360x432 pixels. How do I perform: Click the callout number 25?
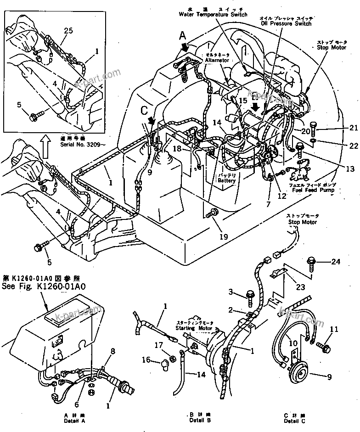tap(68, 31)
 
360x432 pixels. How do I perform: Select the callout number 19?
tap(223, 237)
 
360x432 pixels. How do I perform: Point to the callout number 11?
tap(334, 329)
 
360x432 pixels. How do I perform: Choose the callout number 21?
tap(353, 128)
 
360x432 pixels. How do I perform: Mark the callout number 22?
tap(353, 146)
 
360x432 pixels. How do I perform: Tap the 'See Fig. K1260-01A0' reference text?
tap(46, 286)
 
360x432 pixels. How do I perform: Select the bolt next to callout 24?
tap(314, 263)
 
